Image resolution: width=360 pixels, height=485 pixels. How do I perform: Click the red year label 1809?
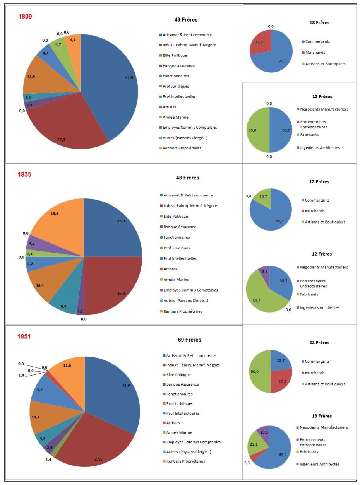(x=25, y=17)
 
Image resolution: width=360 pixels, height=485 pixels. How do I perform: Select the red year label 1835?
(x=24, y=174)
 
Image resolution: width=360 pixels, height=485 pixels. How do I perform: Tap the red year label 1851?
(x=24, y=336)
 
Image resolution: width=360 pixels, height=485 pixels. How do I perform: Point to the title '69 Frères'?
(x=189, y=340)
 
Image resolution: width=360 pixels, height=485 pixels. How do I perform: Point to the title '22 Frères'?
(x=319, y=343)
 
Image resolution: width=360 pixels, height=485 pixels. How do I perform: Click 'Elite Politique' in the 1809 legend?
(x=175, y=55)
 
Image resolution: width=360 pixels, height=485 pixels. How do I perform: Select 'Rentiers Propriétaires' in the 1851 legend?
(x=185, y=461)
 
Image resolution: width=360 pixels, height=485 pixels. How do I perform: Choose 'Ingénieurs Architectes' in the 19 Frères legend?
(x=320, y=464)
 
